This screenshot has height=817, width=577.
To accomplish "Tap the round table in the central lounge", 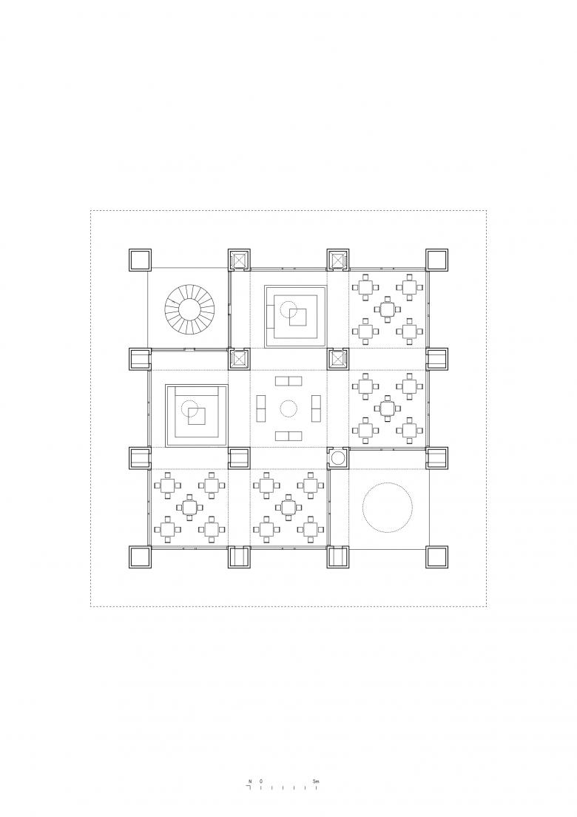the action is tap(288, 409).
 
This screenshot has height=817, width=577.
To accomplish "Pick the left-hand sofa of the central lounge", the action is tap(261, 409).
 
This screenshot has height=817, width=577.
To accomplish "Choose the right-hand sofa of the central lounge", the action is tap(315, 409).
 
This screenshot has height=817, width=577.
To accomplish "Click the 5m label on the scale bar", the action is tap(316, 781).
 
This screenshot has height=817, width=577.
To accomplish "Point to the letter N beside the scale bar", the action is tap(250, 781).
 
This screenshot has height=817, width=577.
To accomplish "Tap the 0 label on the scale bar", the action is tap(260, 781).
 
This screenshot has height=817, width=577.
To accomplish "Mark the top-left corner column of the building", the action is tap(140, 260).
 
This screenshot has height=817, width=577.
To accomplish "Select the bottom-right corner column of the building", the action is tap(437, 557).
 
